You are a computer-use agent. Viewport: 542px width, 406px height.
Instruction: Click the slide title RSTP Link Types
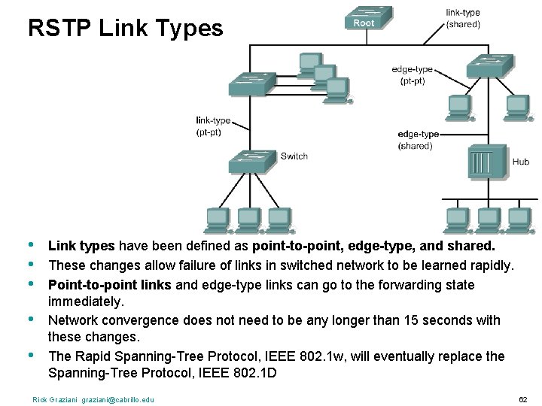pos(125,29)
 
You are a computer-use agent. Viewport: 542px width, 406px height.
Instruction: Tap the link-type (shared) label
pos(463,18)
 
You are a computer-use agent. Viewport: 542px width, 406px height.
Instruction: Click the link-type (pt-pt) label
pos(213,126)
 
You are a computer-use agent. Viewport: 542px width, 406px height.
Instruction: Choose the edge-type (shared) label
pos(418,140)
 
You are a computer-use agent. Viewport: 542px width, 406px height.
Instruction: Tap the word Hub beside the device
pos(521,162)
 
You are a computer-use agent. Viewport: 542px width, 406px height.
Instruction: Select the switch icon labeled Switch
pos(251,162)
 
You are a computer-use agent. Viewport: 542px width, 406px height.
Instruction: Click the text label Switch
pos(294,156)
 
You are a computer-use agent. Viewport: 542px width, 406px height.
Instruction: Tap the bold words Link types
pos(81,246)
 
